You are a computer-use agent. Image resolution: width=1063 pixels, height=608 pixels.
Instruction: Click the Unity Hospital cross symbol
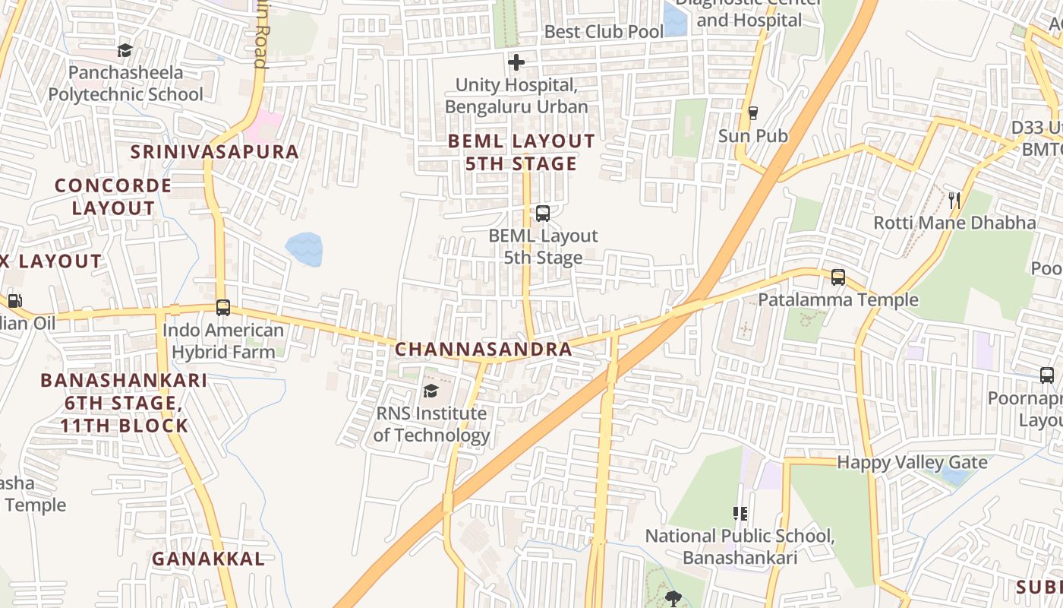pyautogui.click(x=516, y=62)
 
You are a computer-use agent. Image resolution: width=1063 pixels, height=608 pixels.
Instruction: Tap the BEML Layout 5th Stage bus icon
pyautogui.click(x=542, y=214)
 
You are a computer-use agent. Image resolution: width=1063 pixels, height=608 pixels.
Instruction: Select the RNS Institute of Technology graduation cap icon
pyautogui.click(x=431, y=391)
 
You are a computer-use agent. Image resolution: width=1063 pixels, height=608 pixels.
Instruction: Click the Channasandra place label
pyautogui.click(x=483, y=350)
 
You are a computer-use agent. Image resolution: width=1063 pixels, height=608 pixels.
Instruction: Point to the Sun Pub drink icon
pyautogui.click(x=752, y=113)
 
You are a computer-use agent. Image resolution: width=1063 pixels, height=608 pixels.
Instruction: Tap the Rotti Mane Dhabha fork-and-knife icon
pyautogui.click(x=954, y=201)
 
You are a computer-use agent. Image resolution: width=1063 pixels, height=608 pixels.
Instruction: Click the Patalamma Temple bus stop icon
pyautogui.click(x=837, y=277)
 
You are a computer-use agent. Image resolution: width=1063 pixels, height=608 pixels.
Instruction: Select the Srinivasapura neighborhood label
pyautogui.click(x=215, y=151)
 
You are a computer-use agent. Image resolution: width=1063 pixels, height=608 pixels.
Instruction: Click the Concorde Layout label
pyautogui.click(x=113, y=197)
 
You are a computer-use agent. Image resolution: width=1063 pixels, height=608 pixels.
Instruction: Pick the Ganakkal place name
pyautogui.click(x=208, y=559)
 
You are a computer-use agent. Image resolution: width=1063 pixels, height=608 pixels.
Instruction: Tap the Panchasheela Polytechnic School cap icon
pyautogui.click(x=125, y=51)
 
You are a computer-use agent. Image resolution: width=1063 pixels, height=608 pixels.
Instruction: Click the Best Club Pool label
pyautogui.click(x=604, y=32)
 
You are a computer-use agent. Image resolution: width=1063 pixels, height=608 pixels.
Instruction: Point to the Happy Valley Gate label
pyautogui.click(x=912, y=463)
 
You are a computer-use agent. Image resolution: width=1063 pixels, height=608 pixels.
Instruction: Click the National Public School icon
pyautogui.click(x=740, y=514)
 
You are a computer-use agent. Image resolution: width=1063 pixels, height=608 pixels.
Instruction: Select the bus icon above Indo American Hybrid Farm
pyautogui.click(x=222, y=308)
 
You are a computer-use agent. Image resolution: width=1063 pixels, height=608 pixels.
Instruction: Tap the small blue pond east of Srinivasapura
pyautogui.click(x=304, y=249)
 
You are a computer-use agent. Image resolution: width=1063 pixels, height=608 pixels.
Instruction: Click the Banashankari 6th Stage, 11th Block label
pyautogui.click(x=124, y=402)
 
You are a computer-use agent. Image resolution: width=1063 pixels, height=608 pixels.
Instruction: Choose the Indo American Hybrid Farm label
pyautogui.click(x=223, y=341)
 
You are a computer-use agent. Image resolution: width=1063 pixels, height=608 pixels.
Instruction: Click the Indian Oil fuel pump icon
pyautogui.click(x=14, y=300)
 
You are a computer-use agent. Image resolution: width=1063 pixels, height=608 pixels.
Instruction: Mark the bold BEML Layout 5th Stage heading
pyautogui.click(x=522, y=152)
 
